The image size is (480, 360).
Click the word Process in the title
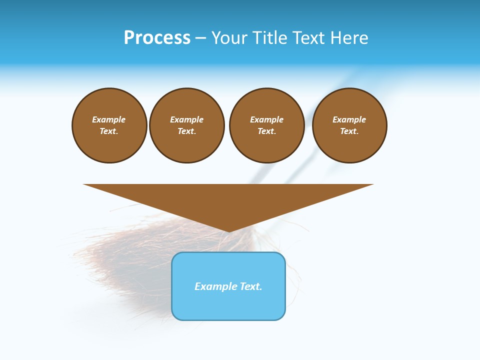coord(157,38)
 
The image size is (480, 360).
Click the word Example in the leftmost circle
coord(109,119)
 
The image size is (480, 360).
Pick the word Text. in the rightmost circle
coord(349,131)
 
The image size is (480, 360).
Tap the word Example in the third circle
coord(267,119)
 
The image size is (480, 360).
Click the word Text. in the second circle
coord(187,131)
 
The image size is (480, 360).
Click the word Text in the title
coord(307,38)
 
